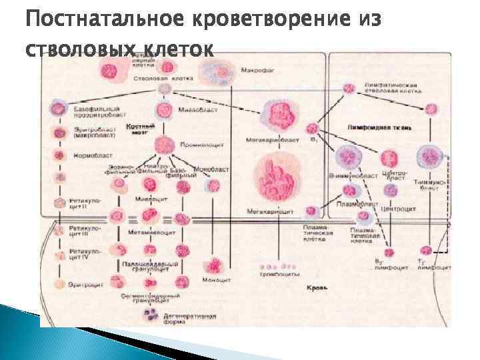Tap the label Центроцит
click(x=398, y=209)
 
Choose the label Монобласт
click(x=212, y=169)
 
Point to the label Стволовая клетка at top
click(x=163, y=79)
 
